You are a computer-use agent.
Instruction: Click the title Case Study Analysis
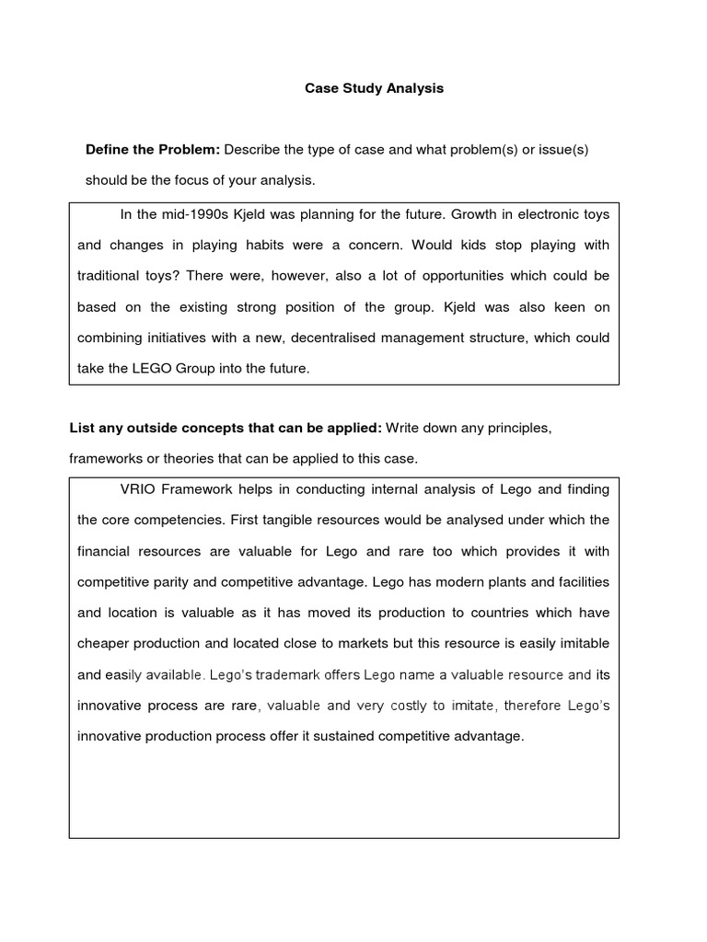point(374,88)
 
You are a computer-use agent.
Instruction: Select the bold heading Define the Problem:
point(153,150)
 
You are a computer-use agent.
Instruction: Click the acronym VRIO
point(139,488)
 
